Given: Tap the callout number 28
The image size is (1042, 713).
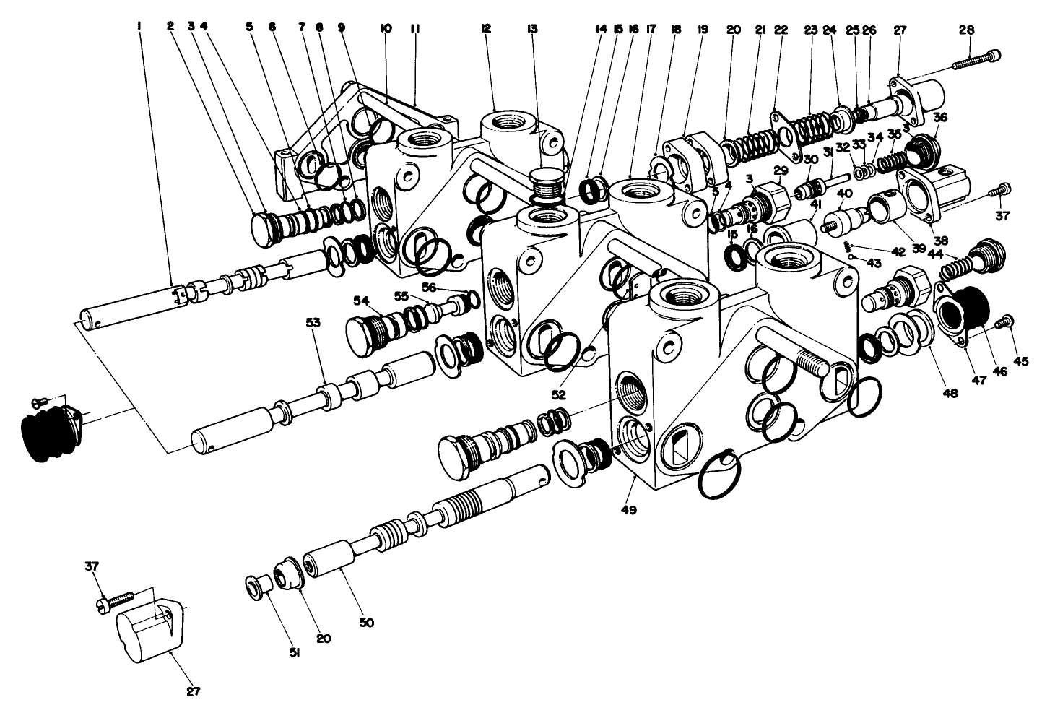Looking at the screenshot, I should pos(967,30).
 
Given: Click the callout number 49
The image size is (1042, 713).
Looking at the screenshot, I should pos(628,510).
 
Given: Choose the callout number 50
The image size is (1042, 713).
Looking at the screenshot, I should pos(367,622).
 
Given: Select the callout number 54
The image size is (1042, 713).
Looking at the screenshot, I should pos(362,300).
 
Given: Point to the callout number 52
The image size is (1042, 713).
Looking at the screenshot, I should pos(559,395).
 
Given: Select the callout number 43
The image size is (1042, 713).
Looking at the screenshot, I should pos(874,263).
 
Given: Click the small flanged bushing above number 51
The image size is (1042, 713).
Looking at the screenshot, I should pos(256,584).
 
